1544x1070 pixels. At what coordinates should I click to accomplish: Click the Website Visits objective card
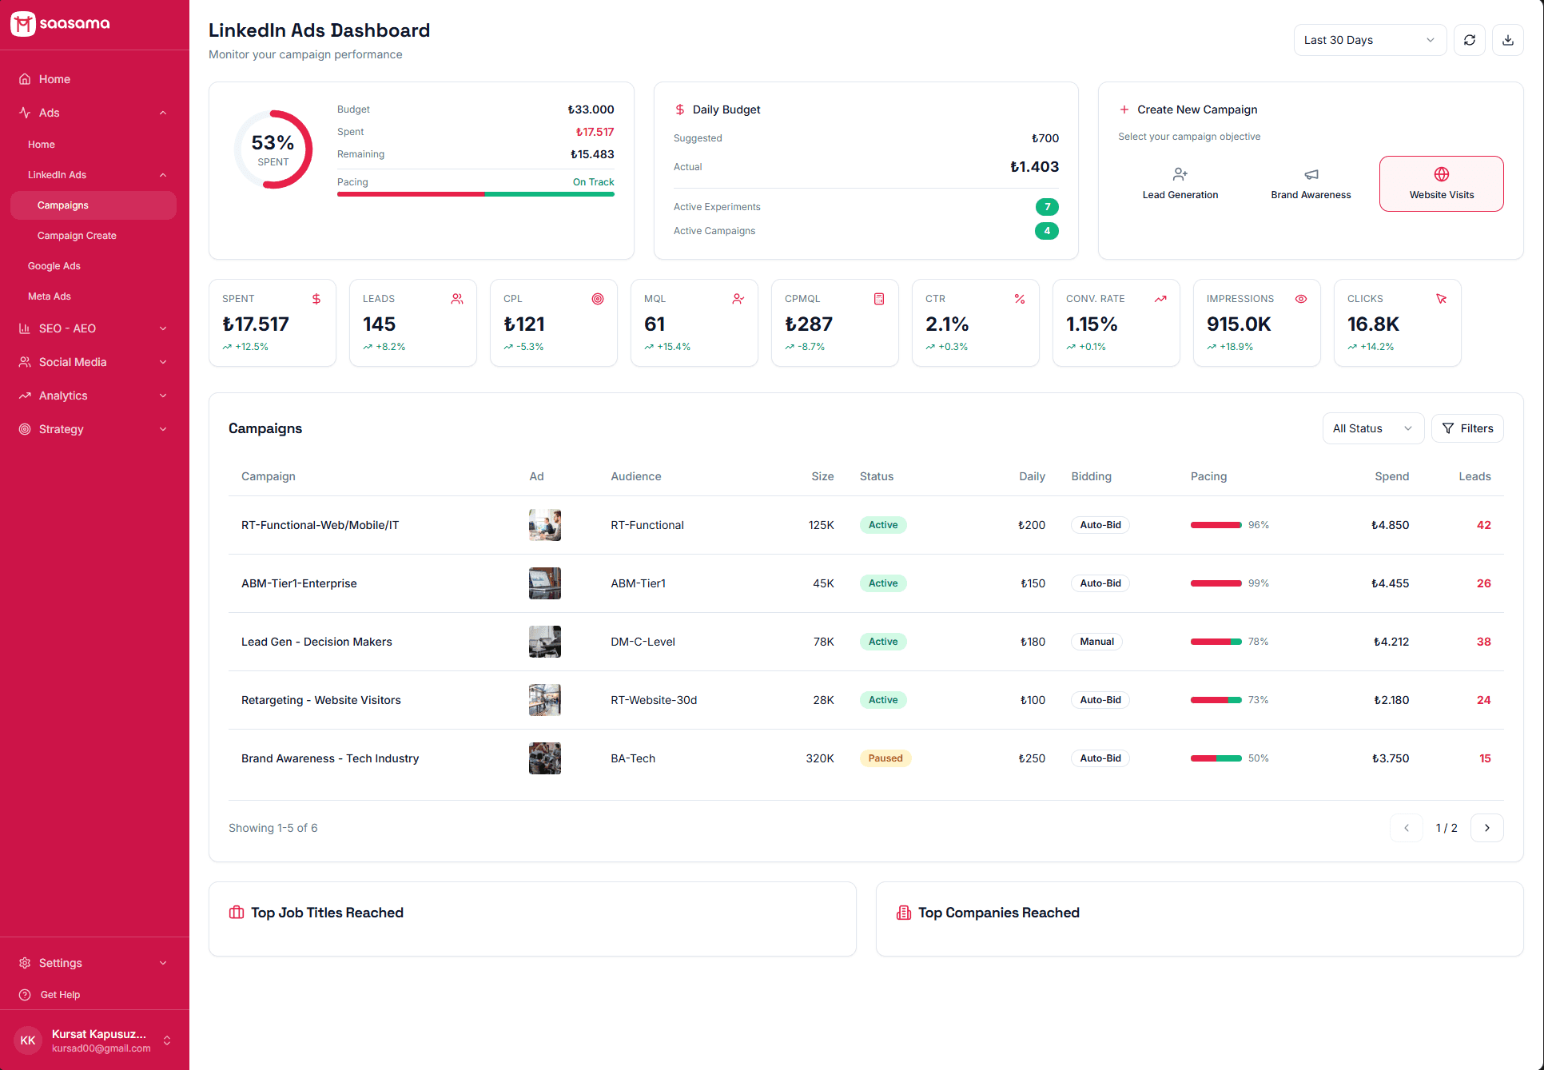[1441, 184]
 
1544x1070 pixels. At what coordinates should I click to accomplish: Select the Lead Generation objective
[1180, 184]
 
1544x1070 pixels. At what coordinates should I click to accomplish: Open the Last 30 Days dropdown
[1369, 40]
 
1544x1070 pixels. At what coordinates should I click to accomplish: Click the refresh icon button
[1469, 40]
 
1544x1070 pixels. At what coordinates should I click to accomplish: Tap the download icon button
[1507, 40]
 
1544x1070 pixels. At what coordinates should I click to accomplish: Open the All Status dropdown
[1372, 428]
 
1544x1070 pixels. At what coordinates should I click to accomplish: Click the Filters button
[1467, 428]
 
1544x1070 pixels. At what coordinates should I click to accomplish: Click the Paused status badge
[885, 758]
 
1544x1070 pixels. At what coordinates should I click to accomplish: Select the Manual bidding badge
[1096, 642]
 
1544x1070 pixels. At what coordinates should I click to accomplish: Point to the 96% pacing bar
[1216, 525]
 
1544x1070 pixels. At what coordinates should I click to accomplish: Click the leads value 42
[1483, 525]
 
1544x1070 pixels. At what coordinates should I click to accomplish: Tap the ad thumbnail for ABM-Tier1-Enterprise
[544, 583]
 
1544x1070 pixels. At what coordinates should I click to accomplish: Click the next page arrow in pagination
[1486, 828]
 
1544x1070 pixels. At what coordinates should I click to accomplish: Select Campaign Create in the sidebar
[77, 236]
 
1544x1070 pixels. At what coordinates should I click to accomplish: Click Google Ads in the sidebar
[54, 266]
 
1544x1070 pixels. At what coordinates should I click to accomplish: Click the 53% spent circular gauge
[273, 149]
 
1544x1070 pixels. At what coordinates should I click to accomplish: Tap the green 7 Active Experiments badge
[1046, 207]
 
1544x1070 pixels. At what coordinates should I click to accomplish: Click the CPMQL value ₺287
[808, 324]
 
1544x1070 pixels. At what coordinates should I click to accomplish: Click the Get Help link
[60, 995]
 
